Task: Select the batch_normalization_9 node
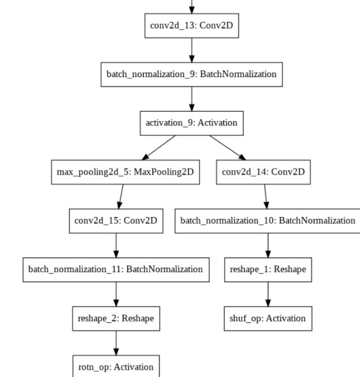tap(192, 74)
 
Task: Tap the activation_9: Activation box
tap(192, 123)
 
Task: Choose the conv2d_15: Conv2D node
tap(116, 221)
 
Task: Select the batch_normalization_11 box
tap(116, 269)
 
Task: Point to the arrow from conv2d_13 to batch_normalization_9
tap(192, 50)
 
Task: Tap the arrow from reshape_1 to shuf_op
tap(268, 294)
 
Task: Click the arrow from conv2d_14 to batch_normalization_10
tap(266, 196)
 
